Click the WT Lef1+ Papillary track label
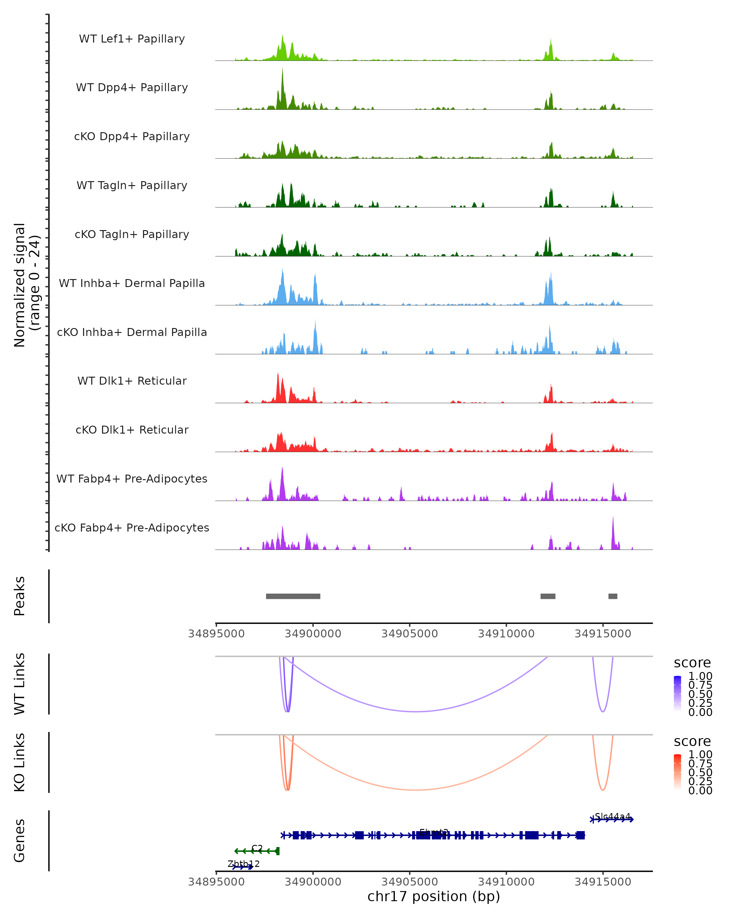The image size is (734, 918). pyautogui.click(x=132, y=39)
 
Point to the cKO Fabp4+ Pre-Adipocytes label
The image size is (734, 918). pyautogui.click(x=132, y=528)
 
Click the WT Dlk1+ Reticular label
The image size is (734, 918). pyautogui.click(x=132, y=381)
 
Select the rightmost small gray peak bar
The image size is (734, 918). pyautogui.click(x=612, y=596)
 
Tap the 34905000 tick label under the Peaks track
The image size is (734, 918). pyautogui.click(x=409, y=634)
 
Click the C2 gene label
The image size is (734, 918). pyautogui.click(x=257, y=848)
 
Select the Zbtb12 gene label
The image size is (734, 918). pyautogui.click(x=243, y=864)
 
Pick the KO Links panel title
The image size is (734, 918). pyautogui.click(x=20, y=762)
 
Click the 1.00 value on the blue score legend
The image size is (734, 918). pyautogui.click(x=700, y=676)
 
